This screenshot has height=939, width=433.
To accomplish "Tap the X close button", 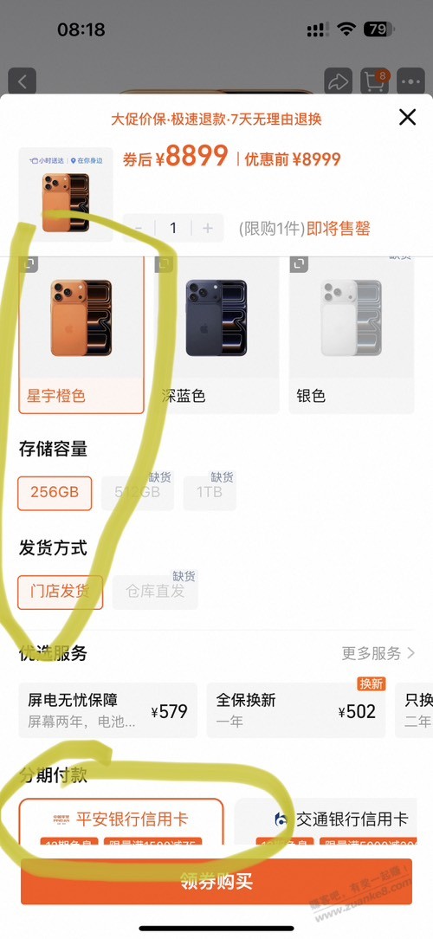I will click(x=407, y=117).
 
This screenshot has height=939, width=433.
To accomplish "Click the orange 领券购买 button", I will click(x=216, y=882).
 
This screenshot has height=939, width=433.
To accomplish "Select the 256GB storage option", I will click(x=55, y=493).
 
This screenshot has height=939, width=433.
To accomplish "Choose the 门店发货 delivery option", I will click(x=60, y=593).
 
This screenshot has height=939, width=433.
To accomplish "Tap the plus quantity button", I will click(x=207, y=228).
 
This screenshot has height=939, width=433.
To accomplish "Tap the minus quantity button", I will click(x=139, y=228).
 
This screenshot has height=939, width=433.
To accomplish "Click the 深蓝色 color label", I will click(x=184, y=396).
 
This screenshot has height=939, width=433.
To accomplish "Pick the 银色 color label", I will click(x=311, y=396).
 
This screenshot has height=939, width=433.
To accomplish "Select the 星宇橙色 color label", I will click(x=56, y=396).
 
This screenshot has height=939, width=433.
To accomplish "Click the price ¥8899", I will click(x=196, y=157).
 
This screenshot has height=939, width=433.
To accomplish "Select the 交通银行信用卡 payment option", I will click(x=339, y=819).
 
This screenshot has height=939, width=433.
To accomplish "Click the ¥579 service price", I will click(x=169, y=712).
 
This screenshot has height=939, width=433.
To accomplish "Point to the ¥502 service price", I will click(x=357, y=712).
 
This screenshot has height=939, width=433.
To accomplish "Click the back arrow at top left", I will click(x=23, y=82).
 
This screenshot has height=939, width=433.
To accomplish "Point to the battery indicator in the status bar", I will click(x=378, y=29).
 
